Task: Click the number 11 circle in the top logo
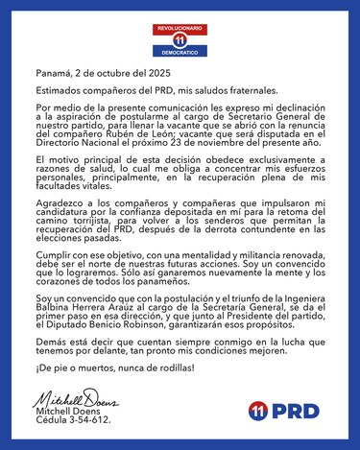[x=180, y=42]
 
